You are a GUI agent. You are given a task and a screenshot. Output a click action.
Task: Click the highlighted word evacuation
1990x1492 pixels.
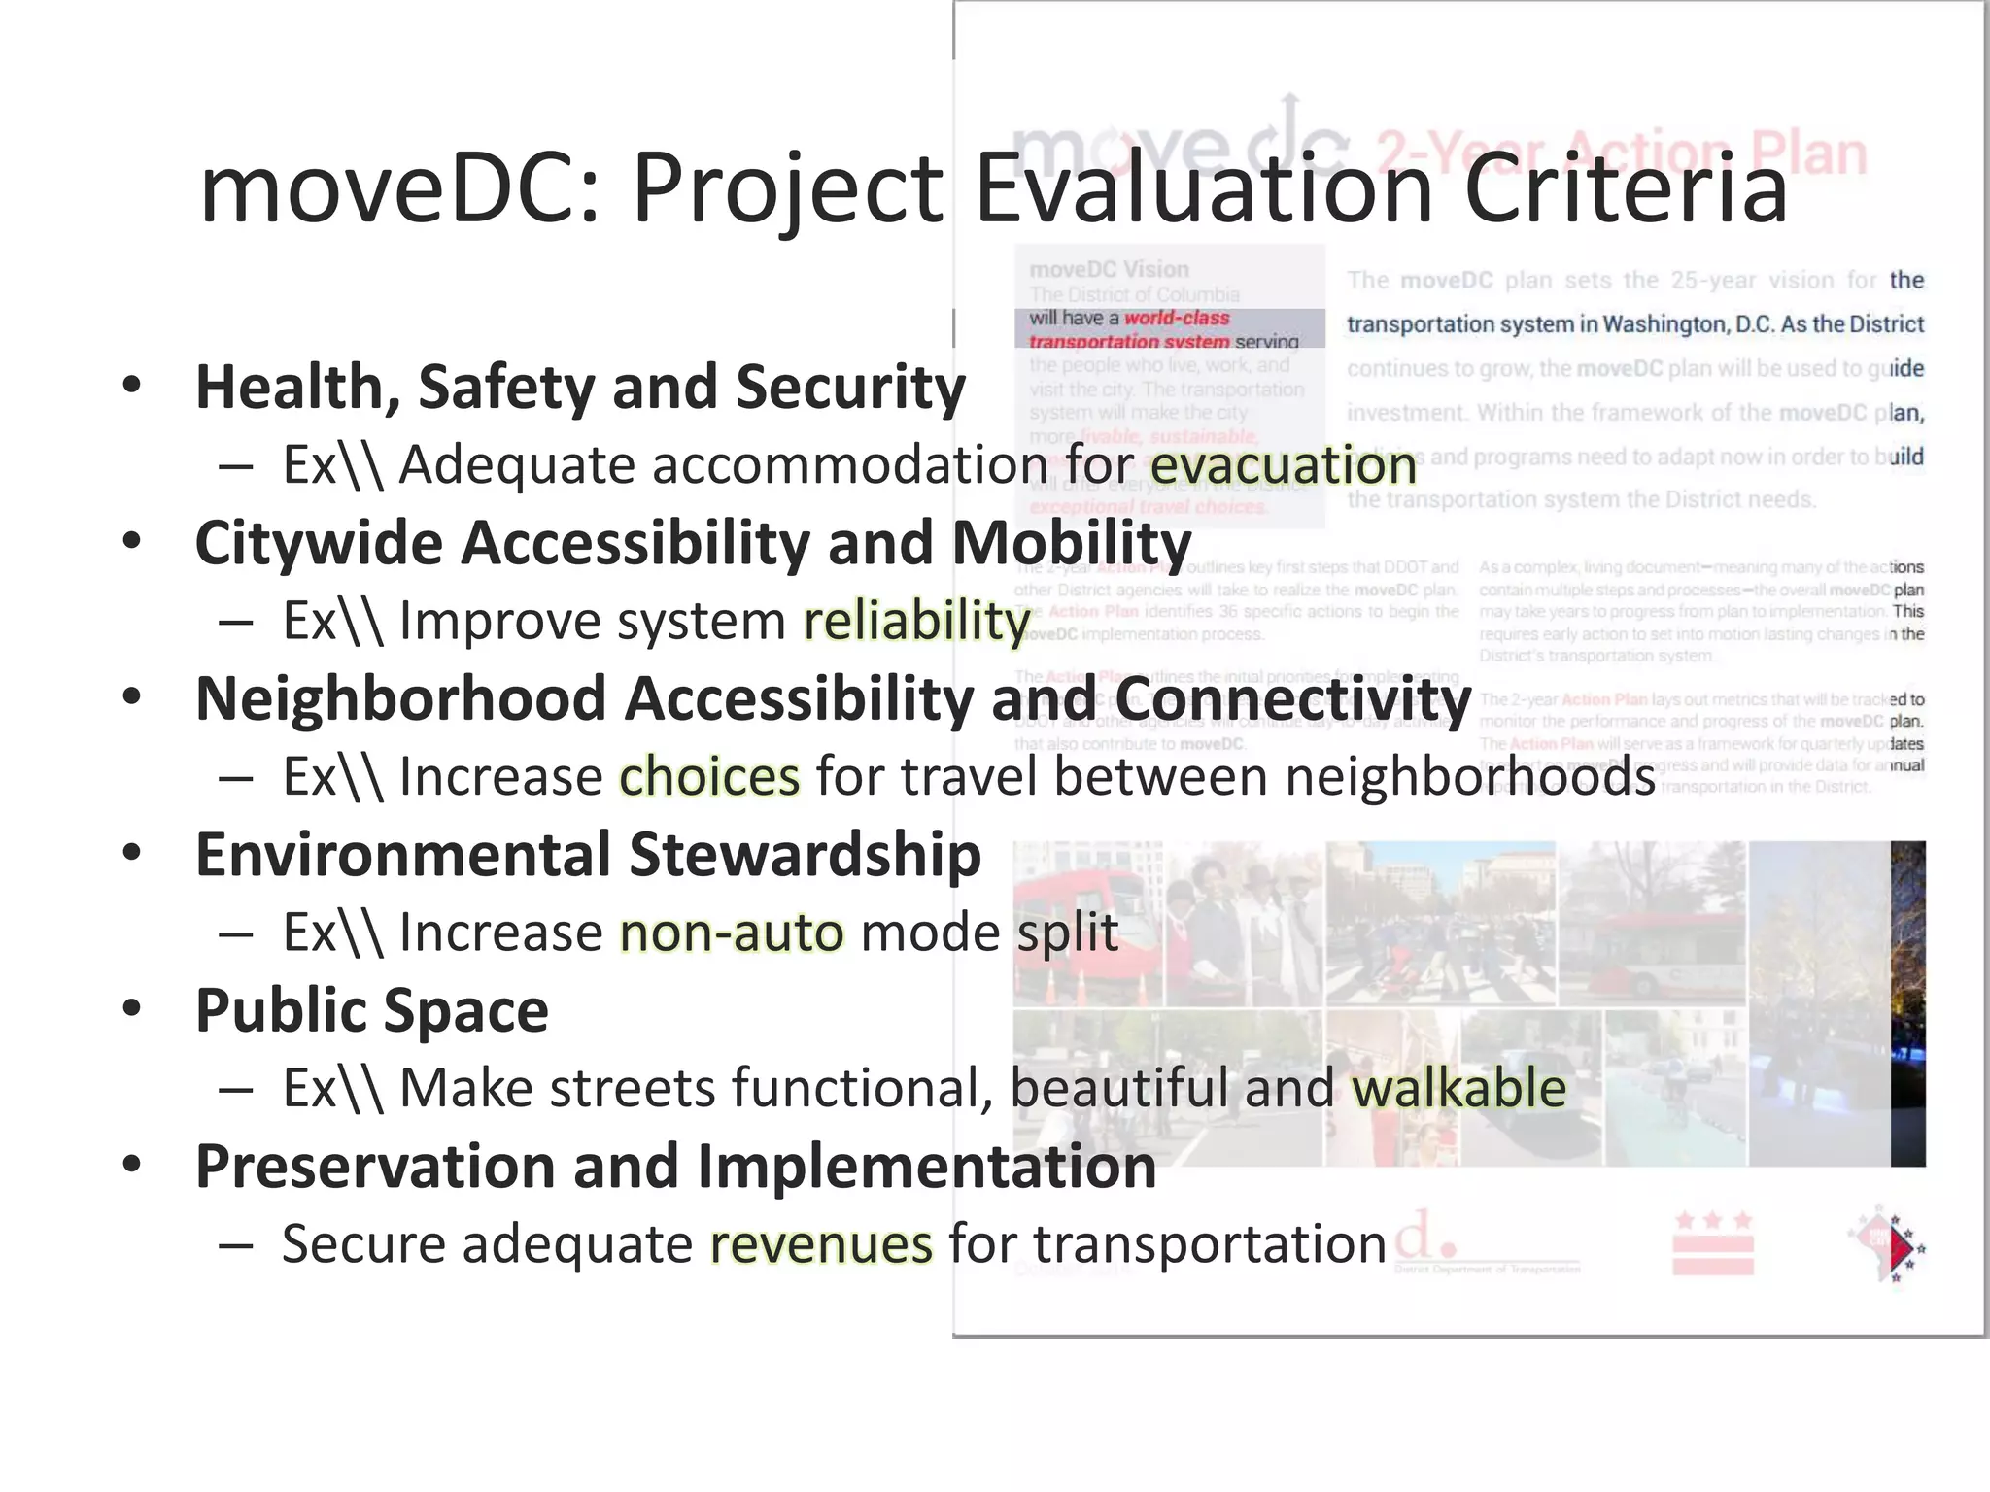[1283, 464]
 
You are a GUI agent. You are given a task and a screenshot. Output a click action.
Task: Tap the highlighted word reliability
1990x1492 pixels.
[916, 620]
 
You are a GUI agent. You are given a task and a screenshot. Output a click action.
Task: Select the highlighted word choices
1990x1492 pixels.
[709, 776]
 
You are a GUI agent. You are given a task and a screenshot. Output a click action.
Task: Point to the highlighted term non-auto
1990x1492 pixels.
[732, 932]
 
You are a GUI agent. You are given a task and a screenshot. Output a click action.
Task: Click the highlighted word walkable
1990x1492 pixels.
[1458, 1088]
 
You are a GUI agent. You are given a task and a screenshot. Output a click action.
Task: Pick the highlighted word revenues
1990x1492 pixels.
[821, 1244]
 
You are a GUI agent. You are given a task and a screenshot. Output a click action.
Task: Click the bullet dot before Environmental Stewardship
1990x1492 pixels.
[132, 852]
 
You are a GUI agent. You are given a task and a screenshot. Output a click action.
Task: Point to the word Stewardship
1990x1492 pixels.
[805, 855]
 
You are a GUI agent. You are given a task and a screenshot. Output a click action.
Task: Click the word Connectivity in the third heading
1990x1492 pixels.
[1292, 698]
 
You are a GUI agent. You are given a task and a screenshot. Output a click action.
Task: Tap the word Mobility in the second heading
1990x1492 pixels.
[1071, 542]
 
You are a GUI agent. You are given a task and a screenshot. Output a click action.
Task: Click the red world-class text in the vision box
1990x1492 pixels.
[1177, 319]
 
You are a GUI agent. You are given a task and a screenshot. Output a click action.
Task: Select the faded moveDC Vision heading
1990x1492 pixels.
[1109, 269]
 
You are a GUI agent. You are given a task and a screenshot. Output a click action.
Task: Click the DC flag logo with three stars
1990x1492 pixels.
[1713, 1243]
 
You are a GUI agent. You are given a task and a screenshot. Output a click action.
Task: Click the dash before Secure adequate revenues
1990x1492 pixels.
[236, 1245]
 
